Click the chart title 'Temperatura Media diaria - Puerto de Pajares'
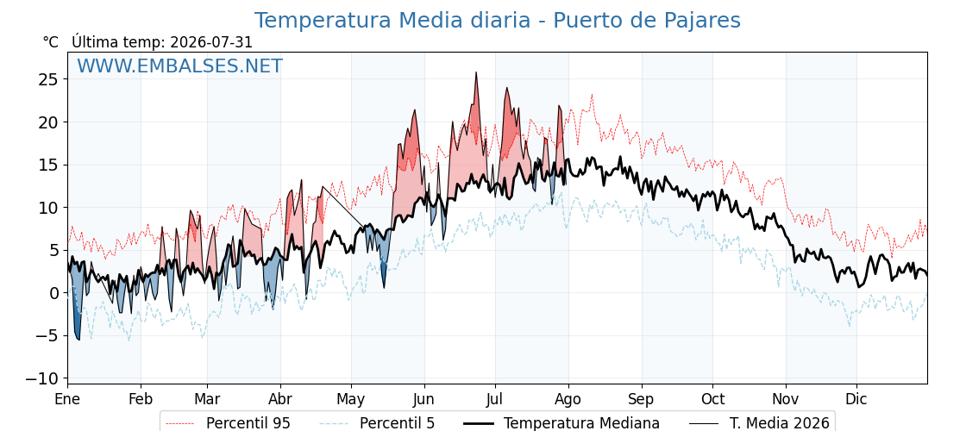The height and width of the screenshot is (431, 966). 497,21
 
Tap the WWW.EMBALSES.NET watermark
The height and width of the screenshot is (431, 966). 179,66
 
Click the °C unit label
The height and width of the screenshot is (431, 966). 51,42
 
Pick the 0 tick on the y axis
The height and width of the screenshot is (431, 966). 53,293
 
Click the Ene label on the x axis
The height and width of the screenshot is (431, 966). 67,399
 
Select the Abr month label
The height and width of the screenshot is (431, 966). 281,399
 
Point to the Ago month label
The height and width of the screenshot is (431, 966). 568,399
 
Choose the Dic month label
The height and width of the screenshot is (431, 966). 856,399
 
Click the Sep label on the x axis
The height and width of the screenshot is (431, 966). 642,399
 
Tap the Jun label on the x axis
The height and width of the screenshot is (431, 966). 423,399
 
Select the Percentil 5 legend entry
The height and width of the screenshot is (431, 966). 377,423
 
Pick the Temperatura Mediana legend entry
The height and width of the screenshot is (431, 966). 561,423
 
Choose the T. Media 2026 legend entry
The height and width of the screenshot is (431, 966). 760,423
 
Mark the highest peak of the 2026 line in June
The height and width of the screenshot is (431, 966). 475,72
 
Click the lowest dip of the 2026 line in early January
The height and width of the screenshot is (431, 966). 78,340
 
